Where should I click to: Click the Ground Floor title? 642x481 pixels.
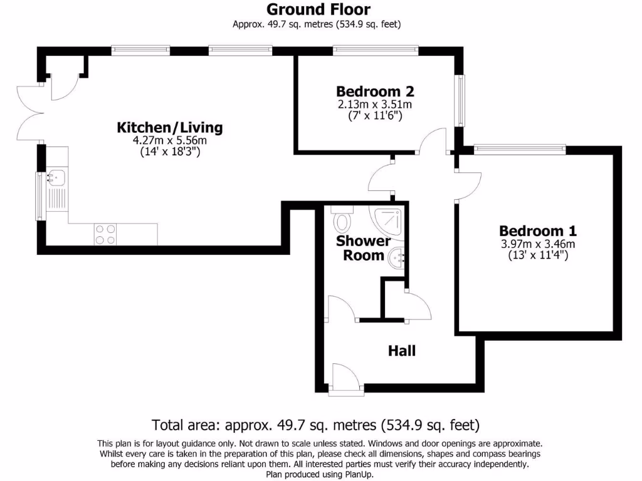click(318, 9)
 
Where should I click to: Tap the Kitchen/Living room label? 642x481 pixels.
click(170, 128)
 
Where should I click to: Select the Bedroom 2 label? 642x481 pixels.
click(375, 91)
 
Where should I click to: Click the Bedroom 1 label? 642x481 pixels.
click(537, 230)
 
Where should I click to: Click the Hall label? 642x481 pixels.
click(402, 351)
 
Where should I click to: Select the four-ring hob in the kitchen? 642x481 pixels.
click(105, 234)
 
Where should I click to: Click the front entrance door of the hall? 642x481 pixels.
click(345, 380)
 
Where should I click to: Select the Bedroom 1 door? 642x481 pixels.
click(468, 185)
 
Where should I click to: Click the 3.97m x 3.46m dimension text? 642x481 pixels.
click(537, 244)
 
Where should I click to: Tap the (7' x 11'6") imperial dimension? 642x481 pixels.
click(375, 115)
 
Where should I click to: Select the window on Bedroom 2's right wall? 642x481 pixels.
click(461, 100)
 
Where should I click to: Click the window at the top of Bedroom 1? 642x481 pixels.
click(520, 149)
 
